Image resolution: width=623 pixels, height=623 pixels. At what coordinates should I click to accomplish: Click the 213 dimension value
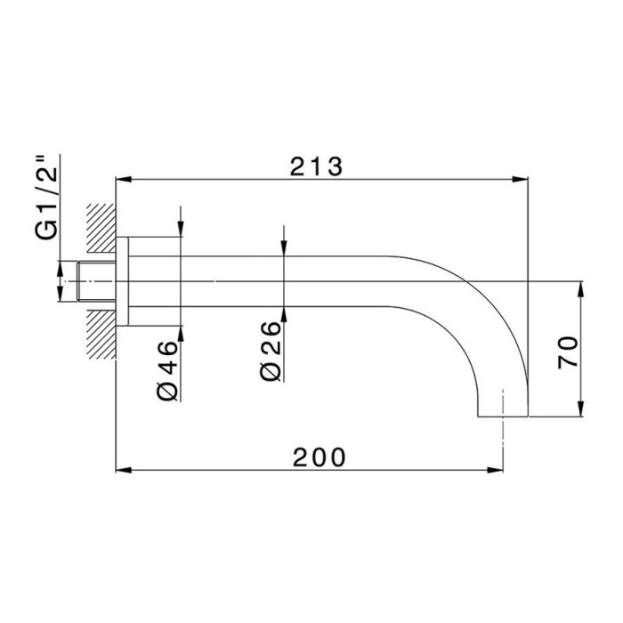coord(316,166)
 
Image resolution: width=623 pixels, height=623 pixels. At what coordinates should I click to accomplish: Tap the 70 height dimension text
coord(570,353)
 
